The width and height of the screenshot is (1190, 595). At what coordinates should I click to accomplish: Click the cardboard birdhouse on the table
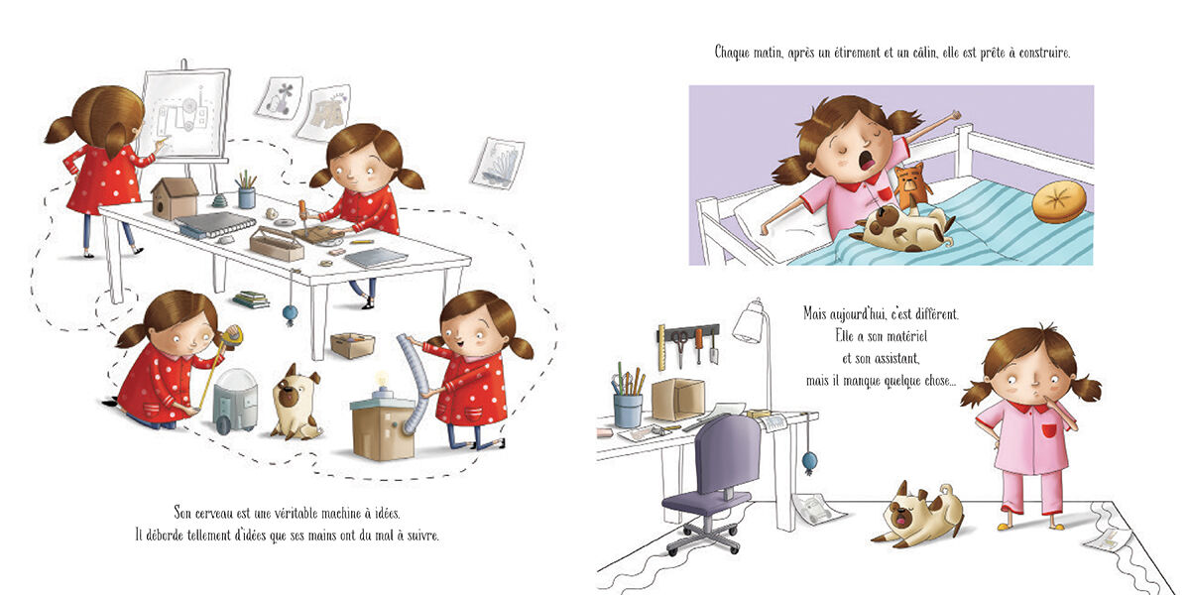click(x=175, y=197)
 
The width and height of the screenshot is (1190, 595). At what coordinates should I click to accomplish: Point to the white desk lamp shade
click(x=749, y=322)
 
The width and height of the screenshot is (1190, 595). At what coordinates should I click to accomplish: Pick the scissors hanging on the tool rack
click(x=678, y=347)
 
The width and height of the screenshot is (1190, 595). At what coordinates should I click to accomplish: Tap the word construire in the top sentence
click(x=1044, y=53)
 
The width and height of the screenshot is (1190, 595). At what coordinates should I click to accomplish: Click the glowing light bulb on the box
click(x=381, y=380)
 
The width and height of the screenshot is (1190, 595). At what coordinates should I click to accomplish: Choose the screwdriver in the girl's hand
click(x=303, y=216)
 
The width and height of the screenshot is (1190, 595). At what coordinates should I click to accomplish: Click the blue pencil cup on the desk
click(x=628, y=411)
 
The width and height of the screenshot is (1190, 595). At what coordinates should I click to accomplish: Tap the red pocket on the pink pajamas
click(x=1048, y=429)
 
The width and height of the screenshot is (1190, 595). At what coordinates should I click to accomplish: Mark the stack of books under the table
click(x=251, y=299)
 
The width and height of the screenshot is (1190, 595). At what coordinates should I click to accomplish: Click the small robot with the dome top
click(x=234, y=401)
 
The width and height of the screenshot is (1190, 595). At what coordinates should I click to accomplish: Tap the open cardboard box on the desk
click(x=678, y=399)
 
